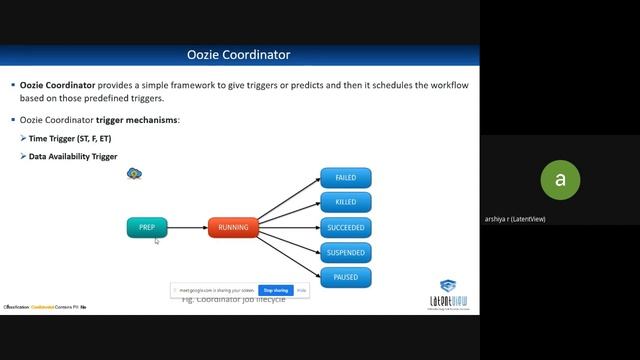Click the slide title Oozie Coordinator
(239, 55)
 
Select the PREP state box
(146, 228)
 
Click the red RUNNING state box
(233, 228)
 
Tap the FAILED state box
(346, 178)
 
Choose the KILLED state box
(346, 203)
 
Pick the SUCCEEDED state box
(346, 228)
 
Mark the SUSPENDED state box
(346, 253)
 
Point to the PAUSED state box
(346, 277)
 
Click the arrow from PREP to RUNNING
(187, 228)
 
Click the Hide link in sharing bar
(301, 290)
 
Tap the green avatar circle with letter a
(560, 180)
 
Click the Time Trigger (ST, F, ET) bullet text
(69, 138)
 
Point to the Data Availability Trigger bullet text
(73, 157)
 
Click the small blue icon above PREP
(134, 174)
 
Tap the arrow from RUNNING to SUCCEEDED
(290, 228)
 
